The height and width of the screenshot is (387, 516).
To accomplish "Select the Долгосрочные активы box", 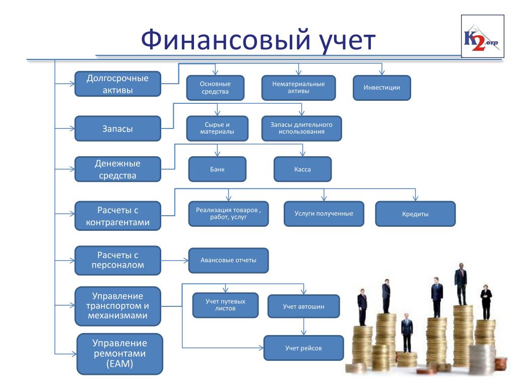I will [x=118, y=84].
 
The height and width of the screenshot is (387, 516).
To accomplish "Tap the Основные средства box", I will [x=215, y=88].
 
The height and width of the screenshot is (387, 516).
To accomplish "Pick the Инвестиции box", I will [x=382, y=88].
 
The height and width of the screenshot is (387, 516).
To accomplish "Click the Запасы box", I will [x=118, y=128].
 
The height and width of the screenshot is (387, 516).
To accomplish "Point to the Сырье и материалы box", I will [x=217, y=128].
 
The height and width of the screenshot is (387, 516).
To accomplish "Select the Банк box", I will [x=217, y=169].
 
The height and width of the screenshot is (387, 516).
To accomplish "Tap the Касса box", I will [x=302, y=169].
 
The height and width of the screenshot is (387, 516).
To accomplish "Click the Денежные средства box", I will [x=118, y=169].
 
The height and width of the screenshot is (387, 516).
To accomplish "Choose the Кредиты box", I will [x=415, y=214].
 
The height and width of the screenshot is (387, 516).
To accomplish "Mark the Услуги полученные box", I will [x=324, y=214].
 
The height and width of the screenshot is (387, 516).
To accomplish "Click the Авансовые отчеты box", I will [x=228, y=261].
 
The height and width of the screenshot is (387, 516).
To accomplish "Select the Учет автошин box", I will [x=303, y=306].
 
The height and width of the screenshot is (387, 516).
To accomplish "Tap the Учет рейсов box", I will [x=303, y=348].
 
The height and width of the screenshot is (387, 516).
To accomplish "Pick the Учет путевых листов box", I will [x=225, y=305].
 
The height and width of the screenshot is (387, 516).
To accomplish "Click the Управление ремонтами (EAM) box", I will [x=120, y=354].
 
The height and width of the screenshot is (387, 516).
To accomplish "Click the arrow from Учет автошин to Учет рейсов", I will [x=303, y=327].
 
